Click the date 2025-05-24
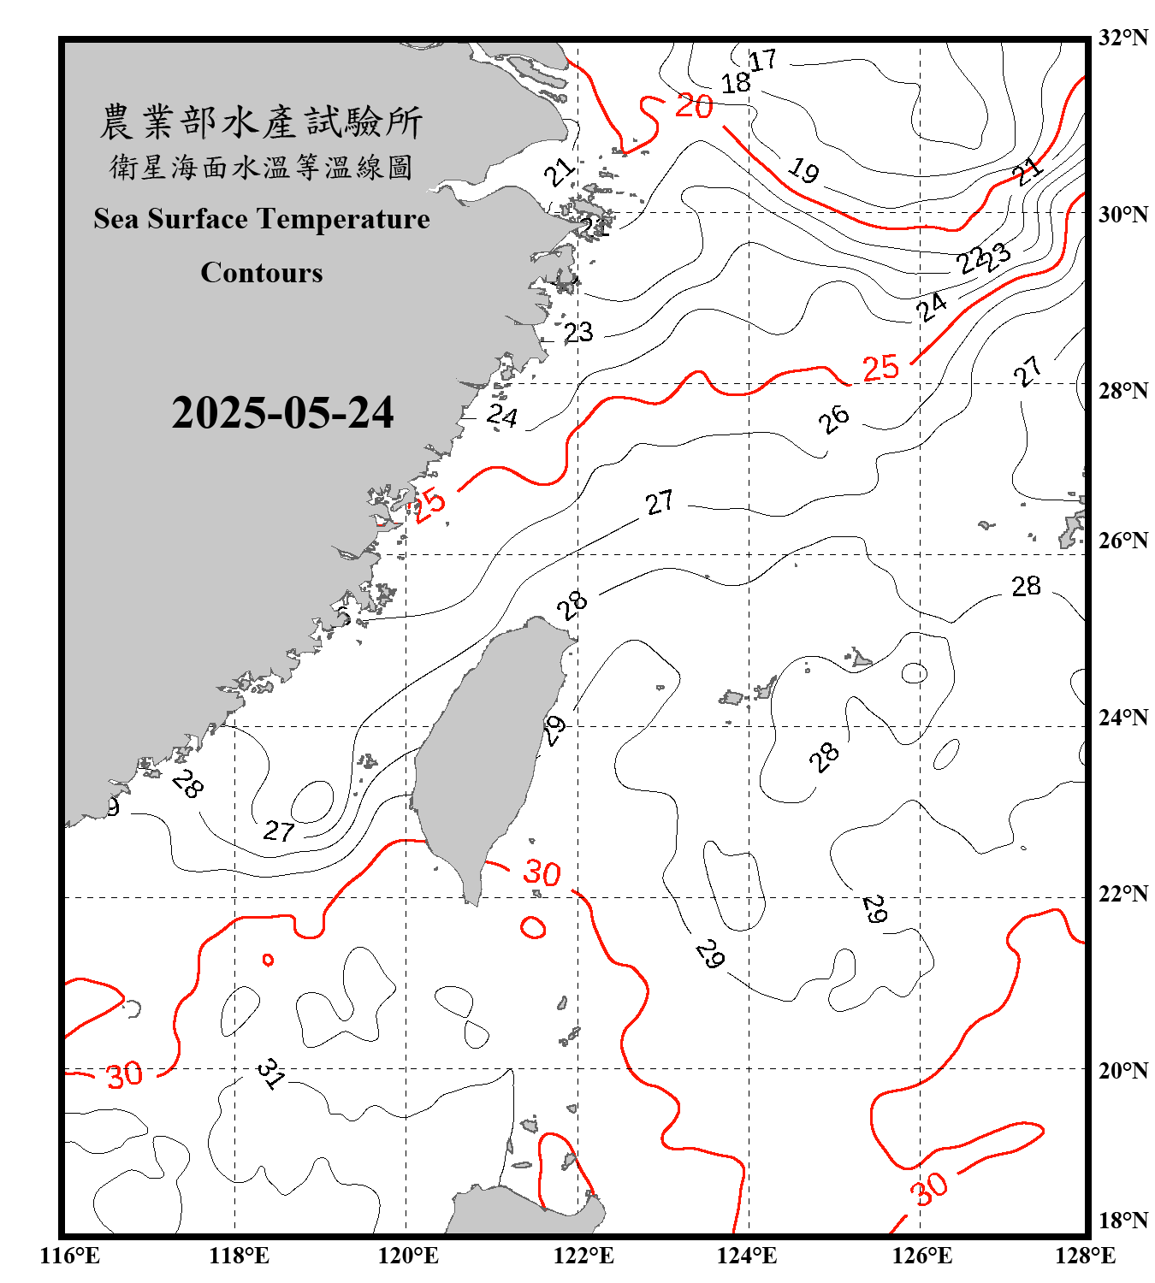click(x=282, y=413)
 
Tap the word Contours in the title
click(x=262, y=273)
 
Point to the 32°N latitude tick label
click(x=1122, y=38)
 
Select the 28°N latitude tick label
click(x=1122, y=391)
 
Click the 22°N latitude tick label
click(x=1122, y=894)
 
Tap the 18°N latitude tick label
click(x=1122, y=1221)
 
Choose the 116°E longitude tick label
click(x=69, y=1256)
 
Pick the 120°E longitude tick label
click(x=408, y=1256)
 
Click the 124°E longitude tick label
click(x=747, y=1256)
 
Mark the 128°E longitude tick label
click(x=1085, y=1256)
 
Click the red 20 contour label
click(x=694, y=106)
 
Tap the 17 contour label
click(x=762, y=61)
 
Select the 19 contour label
click(x=803, y=170)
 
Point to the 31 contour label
click(x=270, y=1073)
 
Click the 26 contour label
click(x=833, y=419)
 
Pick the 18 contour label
click(x=735, y=84)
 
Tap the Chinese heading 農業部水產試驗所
click(x=261, y=122)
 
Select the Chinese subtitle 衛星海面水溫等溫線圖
click(x=261, y=167)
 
